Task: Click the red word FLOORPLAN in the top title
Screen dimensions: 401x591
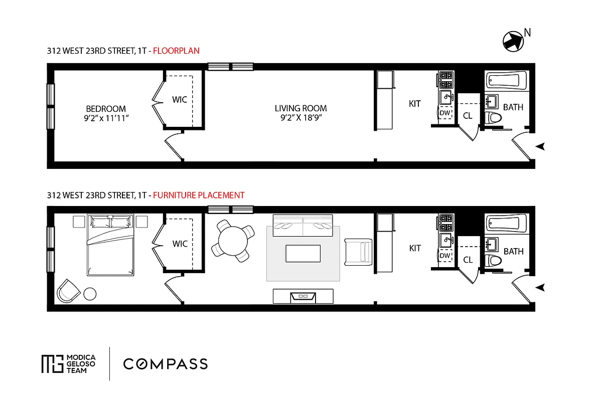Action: point(176,50)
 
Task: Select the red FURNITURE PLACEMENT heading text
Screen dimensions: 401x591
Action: point(199,195)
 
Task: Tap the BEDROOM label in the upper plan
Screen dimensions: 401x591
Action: point(106,109)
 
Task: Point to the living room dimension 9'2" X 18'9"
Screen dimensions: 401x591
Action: point(301,118)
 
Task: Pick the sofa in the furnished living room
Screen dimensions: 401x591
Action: point(303,226)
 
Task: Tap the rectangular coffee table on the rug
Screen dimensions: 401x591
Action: point(303,253)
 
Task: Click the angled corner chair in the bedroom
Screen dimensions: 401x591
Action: point(68,291)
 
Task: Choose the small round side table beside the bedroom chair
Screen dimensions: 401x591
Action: point(90,294)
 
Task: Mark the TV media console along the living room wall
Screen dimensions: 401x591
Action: point(303,296)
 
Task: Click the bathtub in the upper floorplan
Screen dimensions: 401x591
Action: point(507,80)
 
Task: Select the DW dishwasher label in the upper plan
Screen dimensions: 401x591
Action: point(445,113)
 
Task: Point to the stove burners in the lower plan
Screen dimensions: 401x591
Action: point(446,221)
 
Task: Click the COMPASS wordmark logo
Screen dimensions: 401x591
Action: point(166,363)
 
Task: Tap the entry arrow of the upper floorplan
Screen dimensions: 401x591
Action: point(541,146)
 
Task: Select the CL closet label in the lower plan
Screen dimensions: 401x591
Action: point(468,260)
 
